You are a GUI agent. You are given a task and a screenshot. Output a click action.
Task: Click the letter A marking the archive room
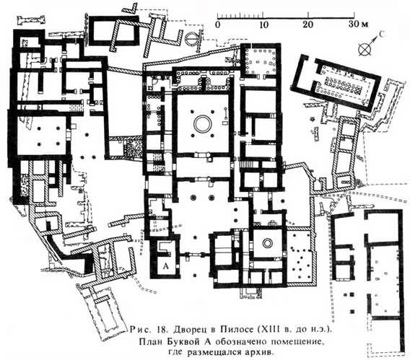tap(166, 266)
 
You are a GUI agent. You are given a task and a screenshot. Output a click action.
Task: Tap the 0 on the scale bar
tap(218, 25)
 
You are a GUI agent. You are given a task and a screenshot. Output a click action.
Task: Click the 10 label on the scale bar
tap(263, 25)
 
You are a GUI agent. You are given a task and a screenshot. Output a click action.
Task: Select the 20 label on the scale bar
tap(308, 25)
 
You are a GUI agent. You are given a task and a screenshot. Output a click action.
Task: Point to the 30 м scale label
tap(359, 25)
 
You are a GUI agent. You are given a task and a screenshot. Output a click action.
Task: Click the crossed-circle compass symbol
tap(365, 49)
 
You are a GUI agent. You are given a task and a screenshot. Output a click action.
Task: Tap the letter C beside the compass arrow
tap(382, 34)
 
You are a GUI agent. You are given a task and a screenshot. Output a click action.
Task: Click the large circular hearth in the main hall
tap(202, 124)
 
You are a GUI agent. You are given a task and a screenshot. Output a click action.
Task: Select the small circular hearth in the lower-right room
tap(267, 243)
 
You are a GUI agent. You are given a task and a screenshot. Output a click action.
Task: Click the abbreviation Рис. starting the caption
tap(141, 329)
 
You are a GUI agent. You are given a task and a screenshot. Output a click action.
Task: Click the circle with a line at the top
tap(192, 39)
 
